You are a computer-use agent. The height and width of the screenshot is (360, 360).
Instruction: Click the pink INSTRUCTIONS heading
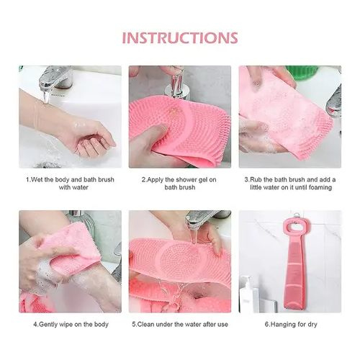[179, 37]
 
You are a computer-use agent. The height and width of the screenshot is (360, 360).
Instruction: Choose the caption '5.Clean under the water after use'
[180, 323]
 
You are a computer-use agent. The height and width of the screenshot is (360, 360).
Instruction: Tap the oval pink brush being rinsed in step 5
[176, 259]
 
